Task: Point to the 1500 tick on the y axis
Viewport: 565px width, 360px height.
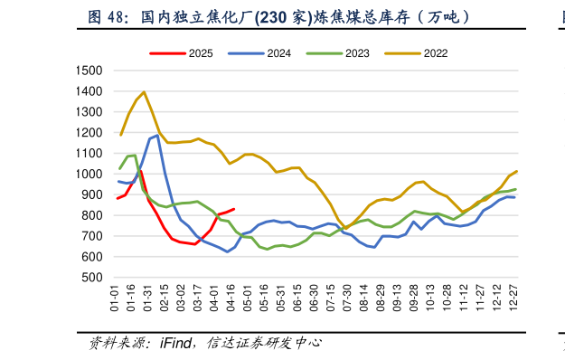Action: coord(90,71)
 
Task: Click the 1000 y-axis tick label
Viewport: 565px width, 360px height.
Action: coord(90,175)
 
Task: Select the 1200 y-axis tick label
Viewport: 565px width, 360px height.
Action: coord(90,133)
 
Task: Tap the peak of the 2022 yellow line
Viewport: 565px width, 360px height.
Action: coord(144,92)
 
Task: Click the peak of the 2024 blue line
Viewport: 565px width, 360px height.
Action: coord(157,136)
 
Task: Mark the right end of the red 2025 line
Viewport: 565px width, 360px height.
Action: coord(234,209)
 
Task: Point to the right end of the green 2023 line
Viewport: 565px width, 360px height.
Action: coord(516,189)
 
